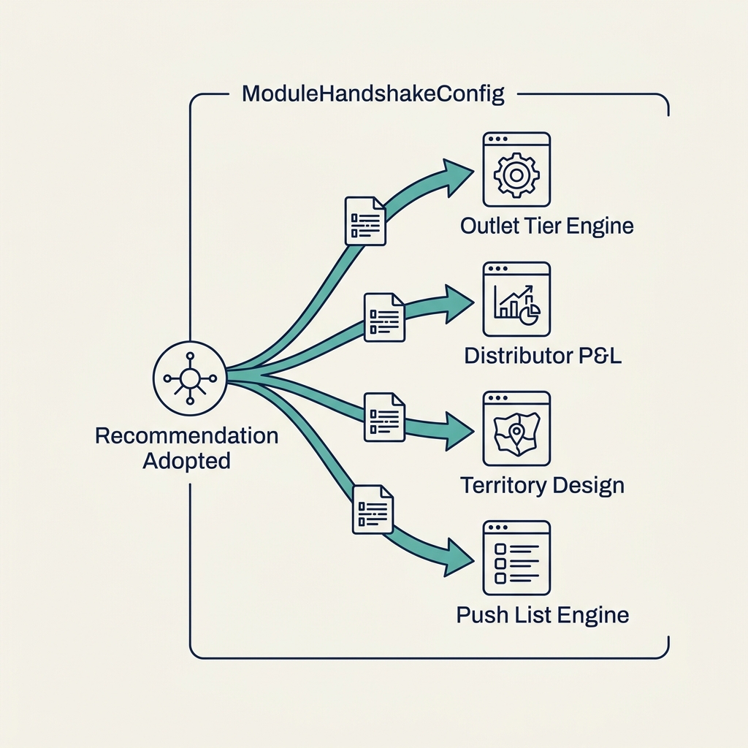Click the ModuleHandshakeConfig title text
tap(373, 95)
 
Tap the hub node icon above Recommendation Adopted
tap(190, 378)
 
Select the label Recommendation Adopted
tap(187, 449)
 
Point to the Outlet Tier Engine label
tap(546, 226)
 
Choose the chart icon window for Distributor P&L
tap(516, 299)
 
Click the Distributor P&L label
tap(543, 356)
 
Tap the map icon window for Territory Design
tap(516, 429)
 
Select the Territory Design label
tap(542, 485)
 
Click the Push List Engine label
tap(542, 614)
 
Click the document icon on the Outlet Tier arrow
tap(365, 220)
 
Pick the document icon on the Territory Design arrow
tap(384, 417)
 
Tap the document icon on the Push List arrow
tap(373, 508)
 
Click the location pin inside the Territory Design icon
tap(517, 433)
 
